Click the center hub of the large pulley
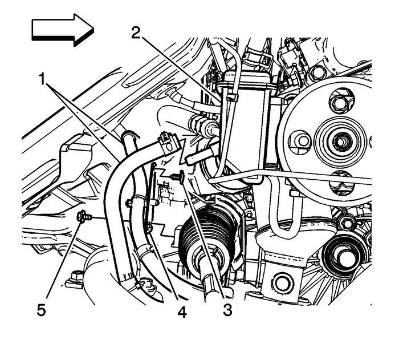click(340, 140)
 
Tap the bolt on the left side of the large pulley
click(300, 140)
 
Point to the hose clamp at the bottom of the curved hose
click(141, 281)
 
